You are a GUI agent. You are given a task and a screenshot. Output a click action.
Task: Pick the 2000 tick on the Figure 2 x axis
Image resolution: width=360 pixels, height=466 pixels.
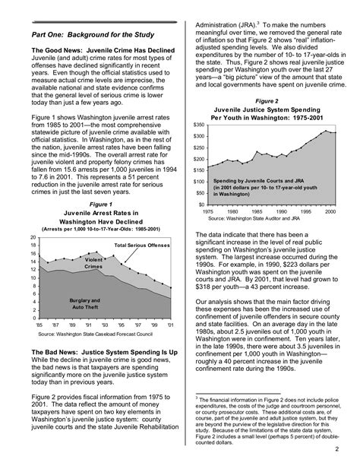[x=328, y=211]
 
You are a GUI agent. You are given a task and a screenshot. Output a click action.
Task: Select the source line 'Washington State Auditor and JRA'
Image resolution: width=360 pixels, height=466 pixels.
[x=263, y=217]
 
